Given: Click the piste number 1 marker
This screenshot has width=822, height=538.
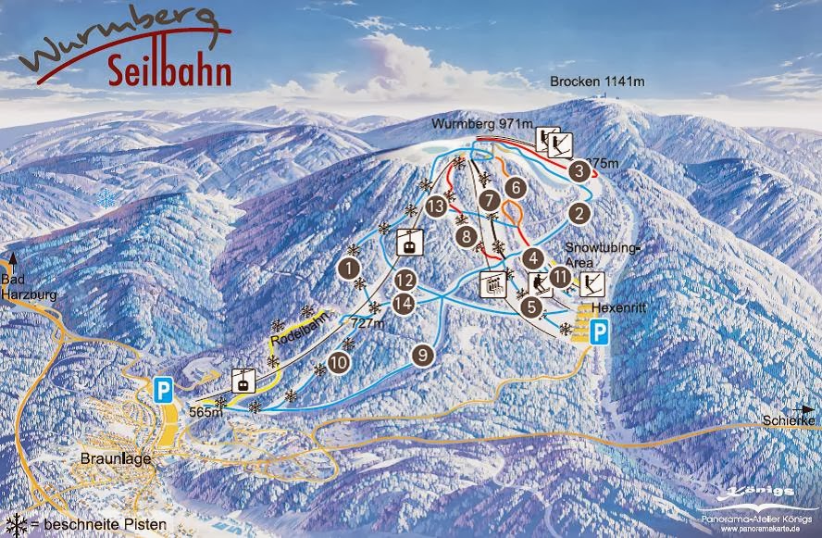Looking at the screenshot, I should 349,269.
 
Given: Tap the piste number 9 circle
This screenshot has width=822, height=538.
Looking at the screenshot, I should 423,353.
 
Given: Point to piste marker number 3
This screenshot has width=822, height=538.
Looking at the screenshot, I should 579,170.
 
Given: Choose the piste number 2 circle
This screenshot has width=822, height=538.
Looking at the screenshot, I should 579,213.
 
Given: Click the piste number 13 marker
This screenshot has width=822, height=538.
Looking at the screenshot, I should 436,207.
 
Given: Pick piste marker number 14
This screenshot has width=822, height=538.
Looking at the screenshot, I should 403,302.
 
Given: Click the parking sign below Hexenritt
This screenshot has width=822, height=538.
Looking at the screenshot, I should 600,332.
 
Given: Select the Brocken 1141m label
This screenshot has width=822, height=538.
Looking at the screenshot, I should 597,81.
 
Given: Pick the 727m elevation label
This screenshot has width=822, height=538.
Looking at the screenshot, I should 367,324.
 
